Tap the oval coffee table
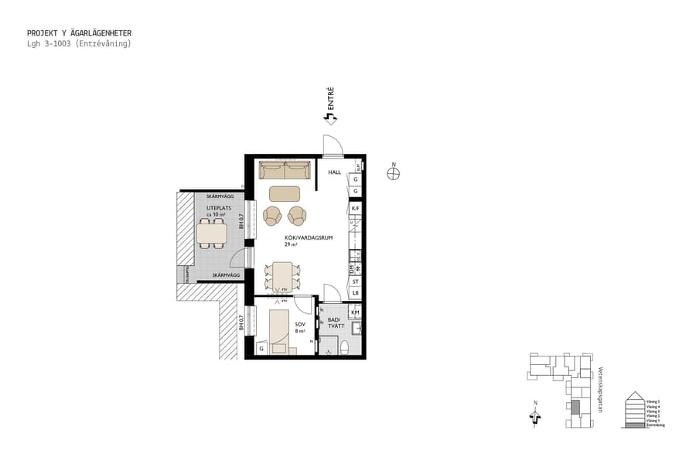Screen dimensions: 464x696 point(285,193)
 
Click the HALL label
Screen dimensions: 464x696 point(334,173)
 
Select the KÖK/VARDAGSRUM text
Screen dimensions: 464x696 point(308,238)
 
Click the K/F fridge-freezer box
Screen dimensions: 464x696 point(355,209)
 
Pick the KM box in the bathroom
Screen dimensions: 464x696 point(355,312)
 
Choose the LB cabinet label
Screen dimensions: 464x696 point(355,293)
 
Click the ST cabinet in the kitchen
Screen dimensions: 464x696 point(355,281)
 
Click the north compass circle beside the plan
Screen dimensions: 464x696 point(394,174)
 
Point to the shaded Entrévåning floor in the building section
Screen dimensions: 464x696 point(634,425)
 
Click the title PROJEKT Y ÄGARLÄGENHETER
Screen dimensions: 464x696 point(79,33)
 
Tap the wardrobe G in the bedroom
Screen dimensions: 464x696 point(261,349)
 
